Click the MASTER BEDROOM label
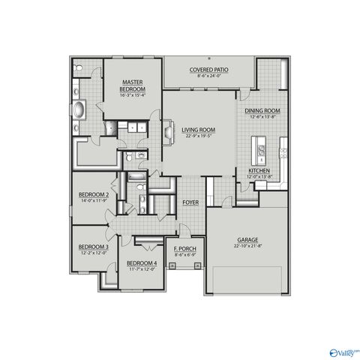pos(132,84)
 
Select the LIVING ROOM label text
pos(198,130)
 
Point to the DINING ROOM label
pos(262,112)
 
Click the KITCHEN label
pos(259,171)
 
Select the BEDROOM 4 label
pos(141,263)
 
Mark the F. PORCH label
pos(184,248)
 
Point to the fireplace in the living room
pos(168,131)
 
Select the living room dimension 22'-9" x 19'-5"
pos(198,136)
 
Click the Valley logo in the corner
pos(345,351)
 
